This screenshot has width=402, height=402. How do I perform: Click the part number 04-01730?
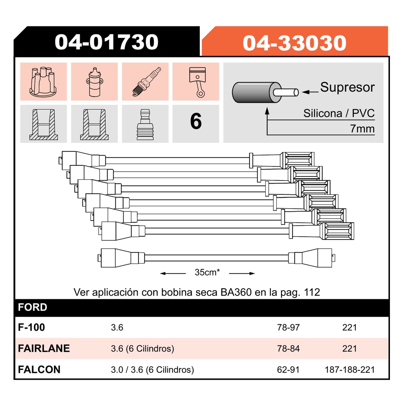click(x=106, y=42)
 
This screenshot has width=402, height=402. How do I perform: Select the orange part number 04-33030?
click(x=294, y=43)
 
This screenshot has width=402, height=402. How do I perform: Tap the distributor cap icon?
click(x=43, y=82)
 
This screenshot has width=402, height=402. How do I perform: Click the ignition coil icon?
click(x=94, y=82)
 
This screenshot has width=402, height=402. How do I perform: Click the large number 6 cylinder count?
click(x=196, y=121)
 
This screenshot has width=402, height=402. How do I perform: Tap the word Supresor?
click(x=347, y=87)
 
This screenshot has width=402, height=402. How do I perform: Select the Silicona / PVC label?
click(x=339, y=113)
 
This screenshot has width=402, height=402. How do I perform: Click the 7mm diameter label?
click(x=362, y=129)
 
